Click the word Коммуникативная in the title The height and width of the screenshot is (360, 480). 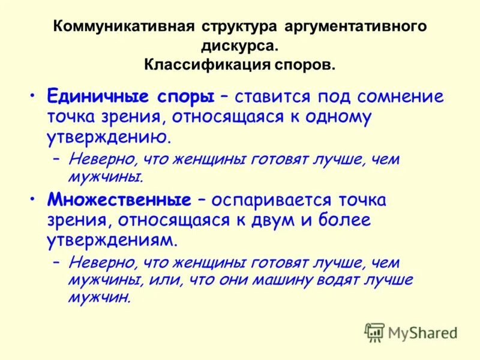click(x=124, y=27)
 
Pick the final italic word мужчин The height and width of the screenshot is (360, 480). click(x=100, y=297)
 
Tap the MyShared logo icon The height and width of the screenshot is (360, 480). click(x=374, y=332)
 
